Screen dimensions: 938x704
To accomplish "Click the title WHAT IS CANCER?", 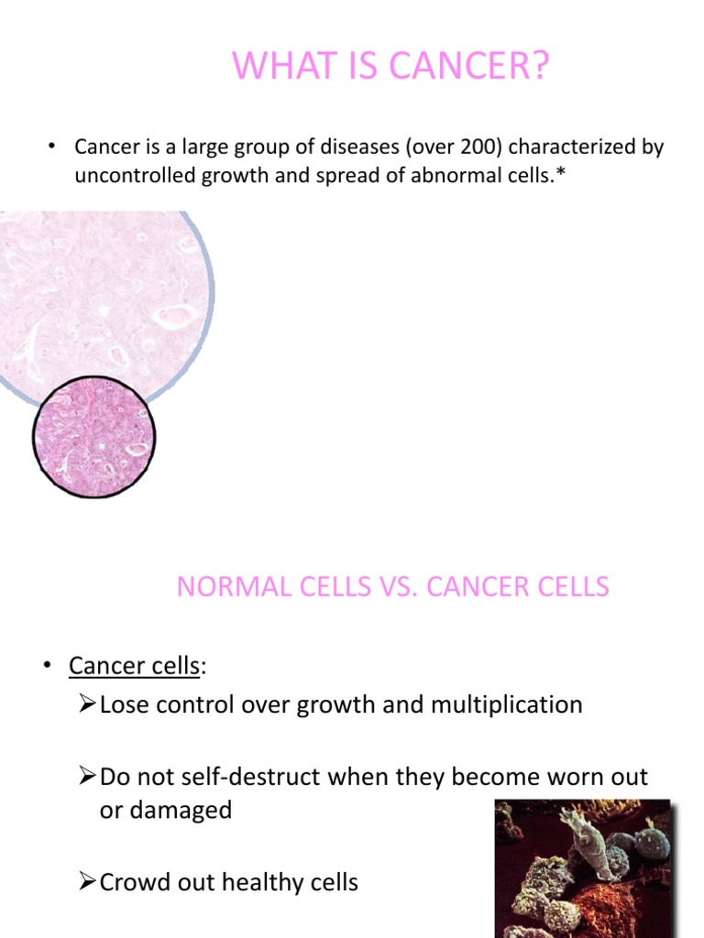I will point(390,67).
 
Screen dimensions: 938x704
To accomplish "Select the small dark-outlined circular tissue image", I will point(93,436).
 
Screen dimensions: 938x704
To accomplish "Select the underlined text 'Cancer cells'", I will point(134,666).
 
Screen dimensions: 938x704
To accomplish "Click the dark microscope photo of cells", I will point(583,868).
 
